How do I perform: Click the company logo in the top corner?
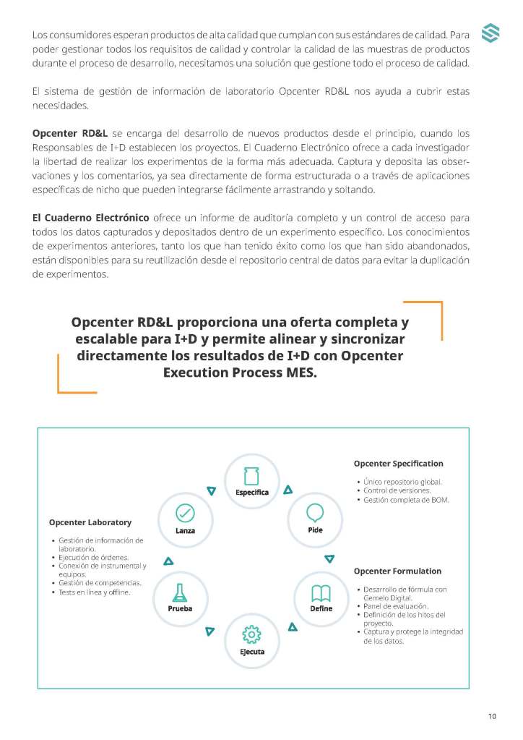490,34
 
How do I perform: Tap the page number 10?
492,716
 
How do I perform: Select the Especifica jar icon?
252,476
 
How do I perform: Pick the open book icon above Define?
321,593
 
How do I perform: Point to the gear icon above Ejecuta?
251,634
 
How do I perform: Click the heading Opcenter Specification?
398,464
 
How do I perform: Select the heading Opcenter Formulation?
397,571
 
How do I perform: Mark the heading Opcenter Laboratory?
90,522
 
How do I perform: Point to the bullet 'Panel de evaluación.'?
396,606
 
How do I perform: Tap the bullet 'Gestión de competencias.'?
100,582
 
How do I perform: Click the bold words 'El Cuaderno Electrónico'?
91,218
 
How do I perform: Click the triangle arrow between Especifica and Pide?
288,490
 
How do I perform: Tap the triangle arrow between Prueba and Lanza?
168,560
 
